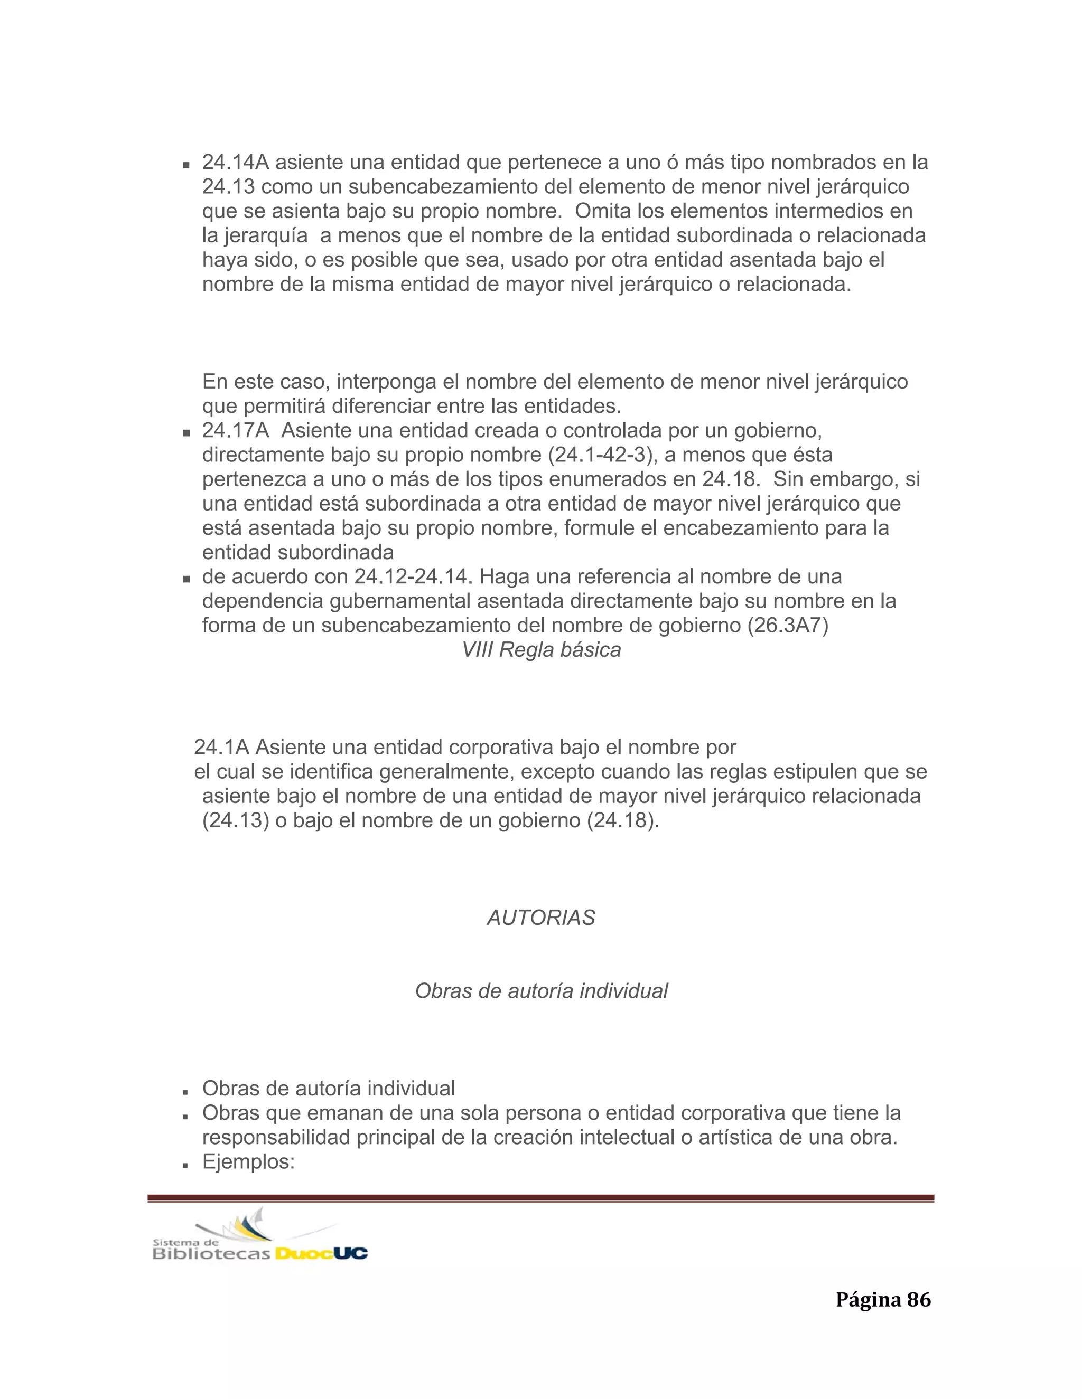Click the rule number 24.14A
pyautogui.click(x=235, y=163)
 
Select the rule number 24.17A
pyautogui.click(x=235, y=430)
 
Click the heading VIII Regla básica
pyautogui.click(x=541, y=650)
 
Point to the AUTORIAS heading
pyautogui.click(x=541, y=918)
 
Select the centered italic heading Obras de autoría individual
pyautogui.click(x=541, y=991)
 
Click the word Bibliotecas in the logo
pyautogui.click(x=211, y=1254)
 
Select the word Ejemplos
pyautogui.click(x=248, y=1161)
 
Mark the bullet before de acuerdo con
pyautogui.click(x=186, y=579)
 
